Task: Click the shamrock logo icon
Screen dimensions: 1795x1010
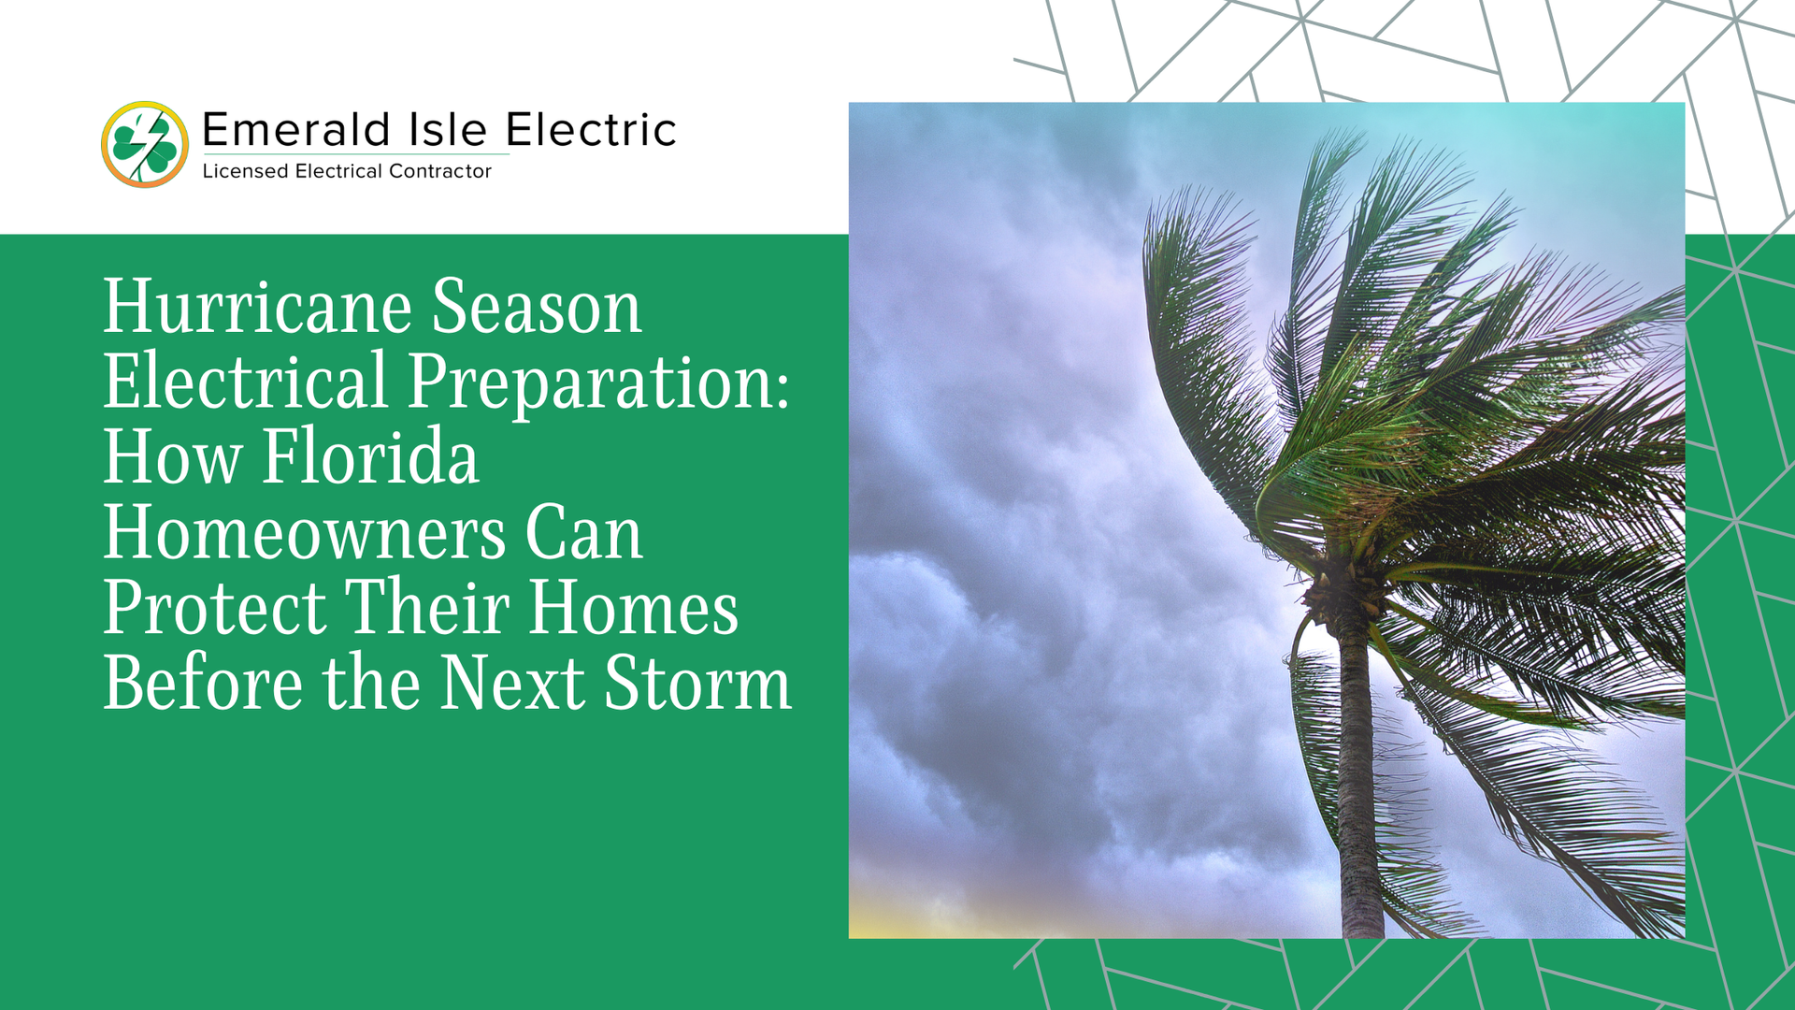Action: [145, 145]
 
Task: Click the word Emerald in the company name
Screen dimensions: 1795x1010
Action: [295, 130]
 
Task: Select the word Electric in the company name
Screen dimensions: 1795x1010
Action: [591, 130]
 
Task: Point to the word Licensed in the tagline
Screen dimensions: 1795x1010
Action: [245, 171]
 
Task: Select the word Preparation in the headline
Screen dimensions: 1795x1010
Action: [588, 383]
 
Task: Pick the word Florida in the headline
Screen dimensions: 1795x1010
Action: [370, 456]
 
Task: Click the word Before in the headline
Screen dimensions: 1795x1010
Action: [203, 683]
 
